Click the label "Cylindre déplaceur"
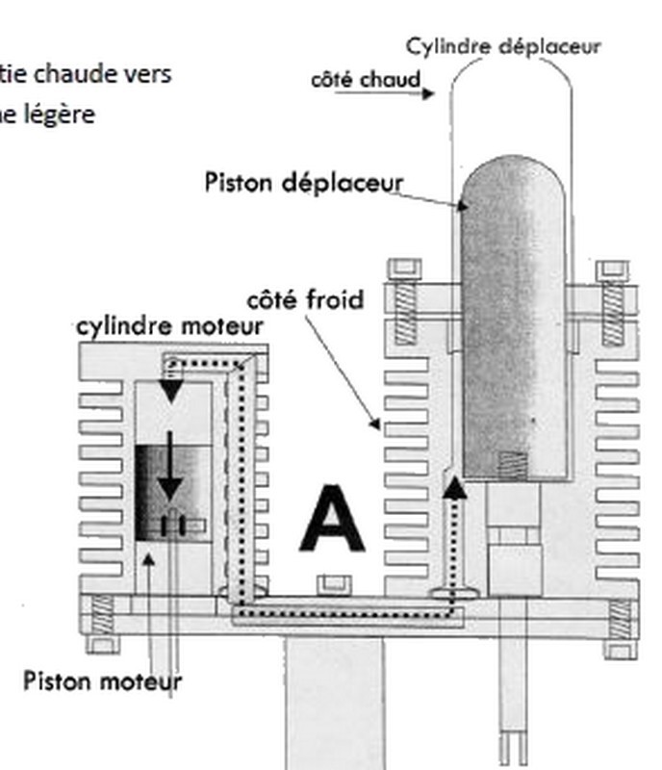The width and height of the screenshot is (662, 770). point(502,46)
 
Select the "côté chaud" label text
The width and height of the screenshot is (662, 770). point(366,80)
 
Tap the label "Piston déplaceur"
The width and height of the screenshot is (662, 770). point(303,182)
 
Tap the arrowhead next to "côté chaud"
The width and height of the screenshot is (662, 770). point(429,93)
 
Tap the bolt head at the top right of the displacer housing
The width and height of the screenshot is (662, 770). point(612,271)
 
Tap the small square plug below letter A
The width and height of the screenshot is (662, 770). point(333,582)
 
